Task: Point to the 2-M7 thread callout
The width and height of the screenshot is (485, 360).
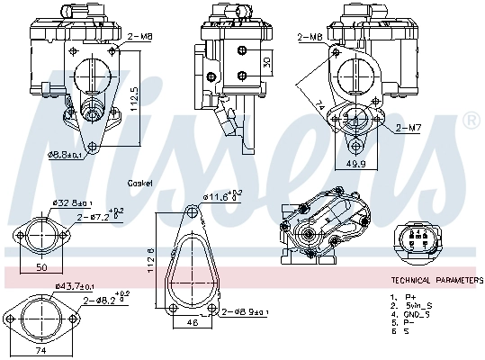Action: coord(408,128)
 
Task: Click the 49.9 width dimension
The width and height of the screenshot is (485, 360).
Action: coord(356,165)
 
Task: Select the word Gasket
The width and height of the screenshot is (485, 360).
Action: coord(140,183)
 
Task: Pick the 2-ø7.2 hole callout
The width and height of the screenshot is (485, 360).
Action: coord(103,216)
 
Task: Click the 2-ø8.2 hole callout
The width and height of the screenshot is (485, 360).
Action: coord(106,301)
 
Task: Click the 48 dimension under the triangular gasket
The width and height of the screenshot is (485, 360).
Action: coord(192,321)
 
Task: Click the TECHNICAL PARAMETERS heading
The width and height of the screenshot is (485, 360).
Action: coord(436,281)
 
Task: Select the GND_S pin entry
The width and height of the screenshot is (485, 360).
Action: coord(418,314)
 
